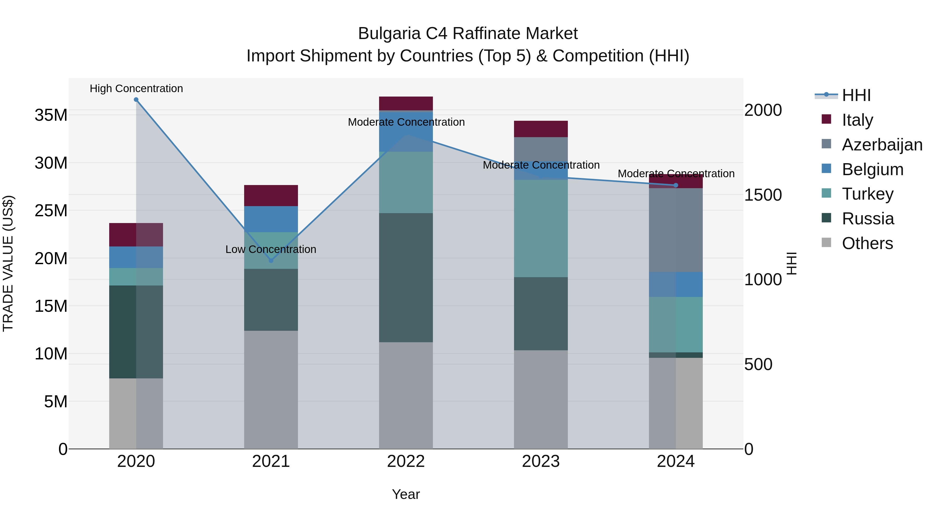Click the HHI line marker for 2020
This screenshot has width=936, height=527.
tap(136, 100)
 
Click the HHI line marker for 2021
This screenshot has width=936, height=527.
tap(271, 261)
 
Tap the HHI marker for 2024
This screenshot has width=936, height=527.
tap(676, 185)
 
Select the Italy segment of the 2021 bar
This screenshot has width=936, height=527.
tap(271, 196)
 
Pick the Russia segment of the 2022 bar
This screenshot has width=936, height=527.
tap(406, 277)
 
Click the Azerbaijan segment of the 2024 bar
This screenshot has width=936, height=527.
tap(676, 230)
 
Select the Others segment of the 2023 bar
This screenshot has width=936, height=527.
tap(541, 399)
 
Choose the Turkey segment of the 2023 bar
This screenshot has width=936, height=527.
tap(541, 228)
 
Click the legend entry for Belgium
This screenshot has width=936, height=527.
tap(872, 169)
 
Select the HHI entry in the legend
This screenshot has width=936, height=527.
tap(856, 95)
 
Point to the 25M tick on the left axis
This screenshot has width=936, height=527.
tap(51, 211)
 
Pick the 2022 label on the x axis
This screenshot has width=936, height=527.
tap(406, 461)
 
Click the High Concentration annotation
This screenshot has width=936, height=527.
tap(136, 89)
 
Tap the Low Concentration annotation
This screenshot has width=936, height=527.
tap(271, 250)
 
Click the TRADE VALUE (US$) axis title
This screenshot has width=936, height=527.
tap(8, 263)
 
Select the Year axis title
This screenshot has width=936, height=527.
tap(406, 494)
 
